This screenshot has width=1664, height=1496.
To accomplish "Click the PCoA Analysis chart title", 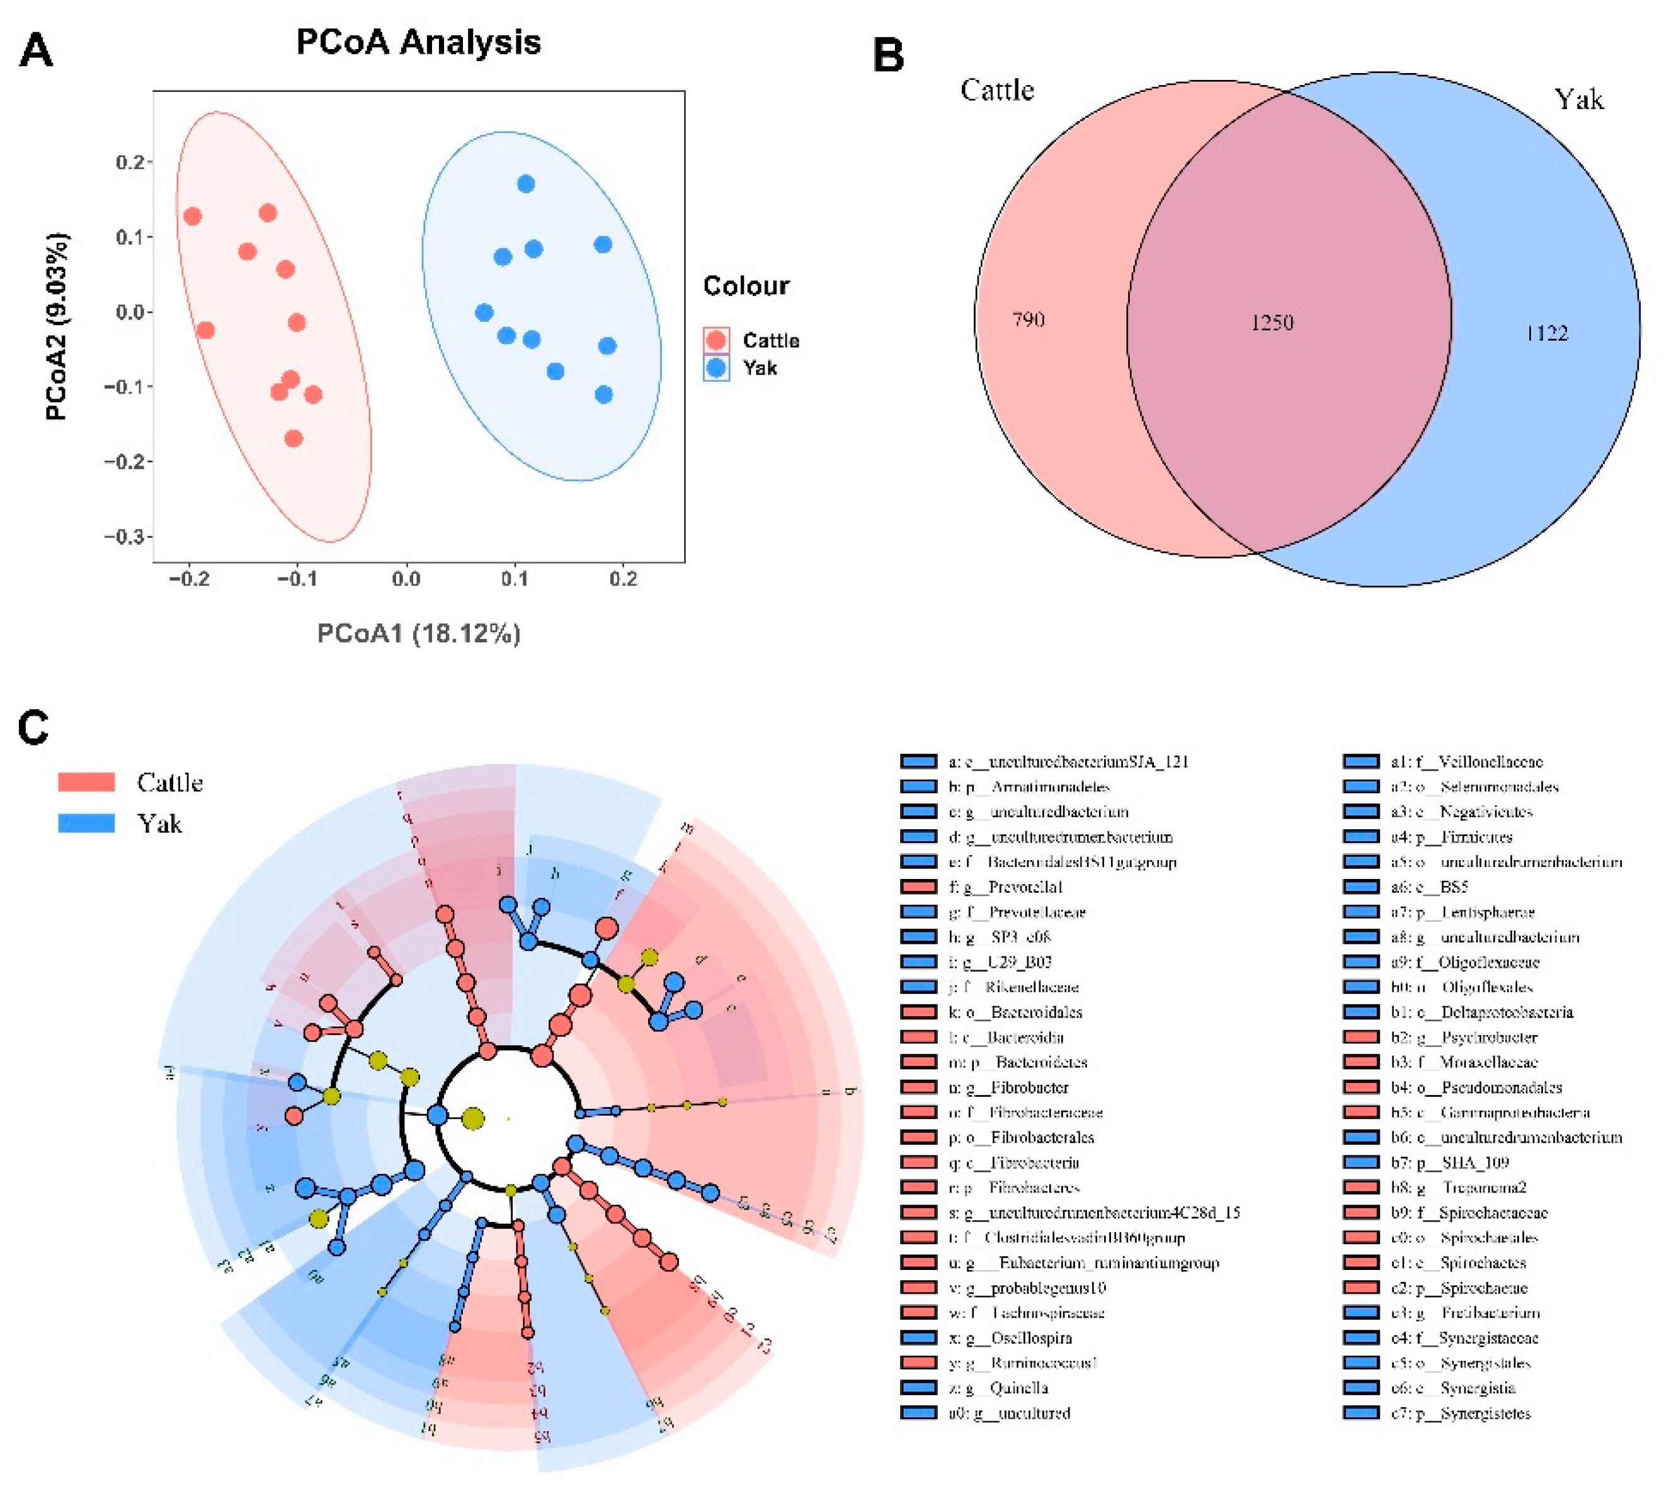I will coord(418,42).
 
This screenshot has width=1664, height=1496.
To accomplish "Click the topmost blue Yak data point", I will coord(526,184).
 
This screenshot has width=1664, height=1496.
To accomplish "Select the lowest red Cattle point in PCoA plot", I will coord(293,438).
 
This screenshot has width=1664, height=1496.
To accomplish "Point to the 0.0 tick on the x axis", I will coord(406,579).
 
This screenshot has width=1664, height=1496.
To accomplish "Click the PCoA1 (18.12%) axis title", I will coord(418,634).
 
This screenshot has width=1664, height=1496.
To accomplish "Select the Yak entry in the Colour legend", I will coord(759,368).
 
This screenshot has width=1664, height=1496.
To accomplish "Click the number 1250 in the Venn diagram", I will coord(1272,322).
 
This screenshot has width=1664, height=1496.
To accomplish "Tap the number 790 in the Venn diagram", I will coord(1028,320).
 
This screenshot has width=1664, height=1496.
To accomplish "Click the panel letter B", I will coord(888,56).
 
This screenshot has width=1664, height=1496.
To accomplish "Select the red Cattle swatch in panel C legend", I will coord(86,782).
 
